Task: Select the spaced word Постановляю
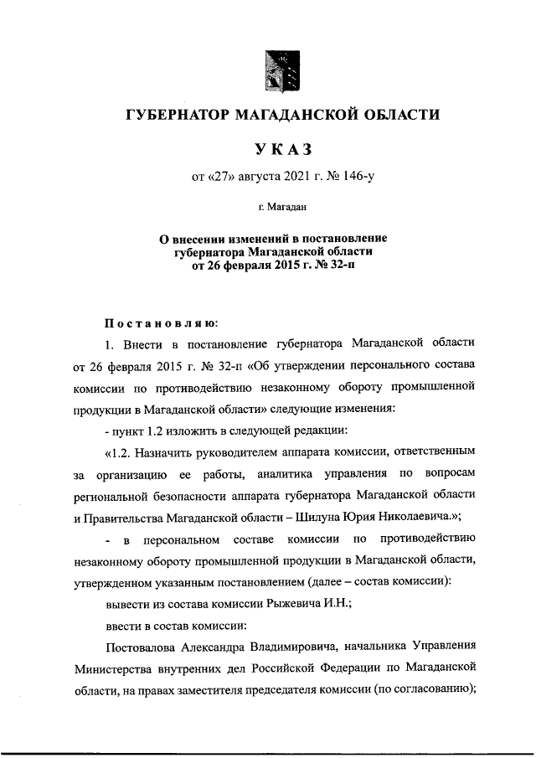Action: (x=160, y=321)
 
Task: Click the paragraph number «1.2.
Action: (x=121, y=452)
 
